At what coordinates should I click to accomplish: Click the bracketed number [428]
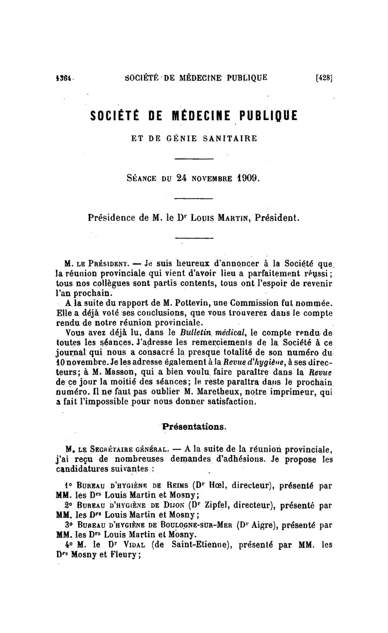click(323, 77)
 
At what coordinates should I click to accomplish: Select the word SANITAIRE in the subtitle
click(232, 138)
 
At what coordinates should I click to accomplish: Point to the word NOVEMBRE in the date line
click(207, 179)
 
